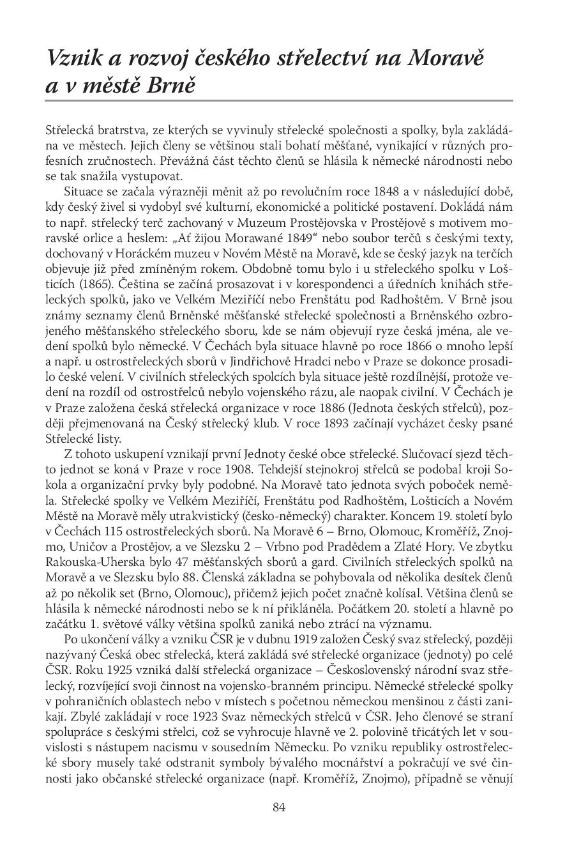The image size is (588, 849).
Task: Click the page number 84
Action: click(x=278, y=807)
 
